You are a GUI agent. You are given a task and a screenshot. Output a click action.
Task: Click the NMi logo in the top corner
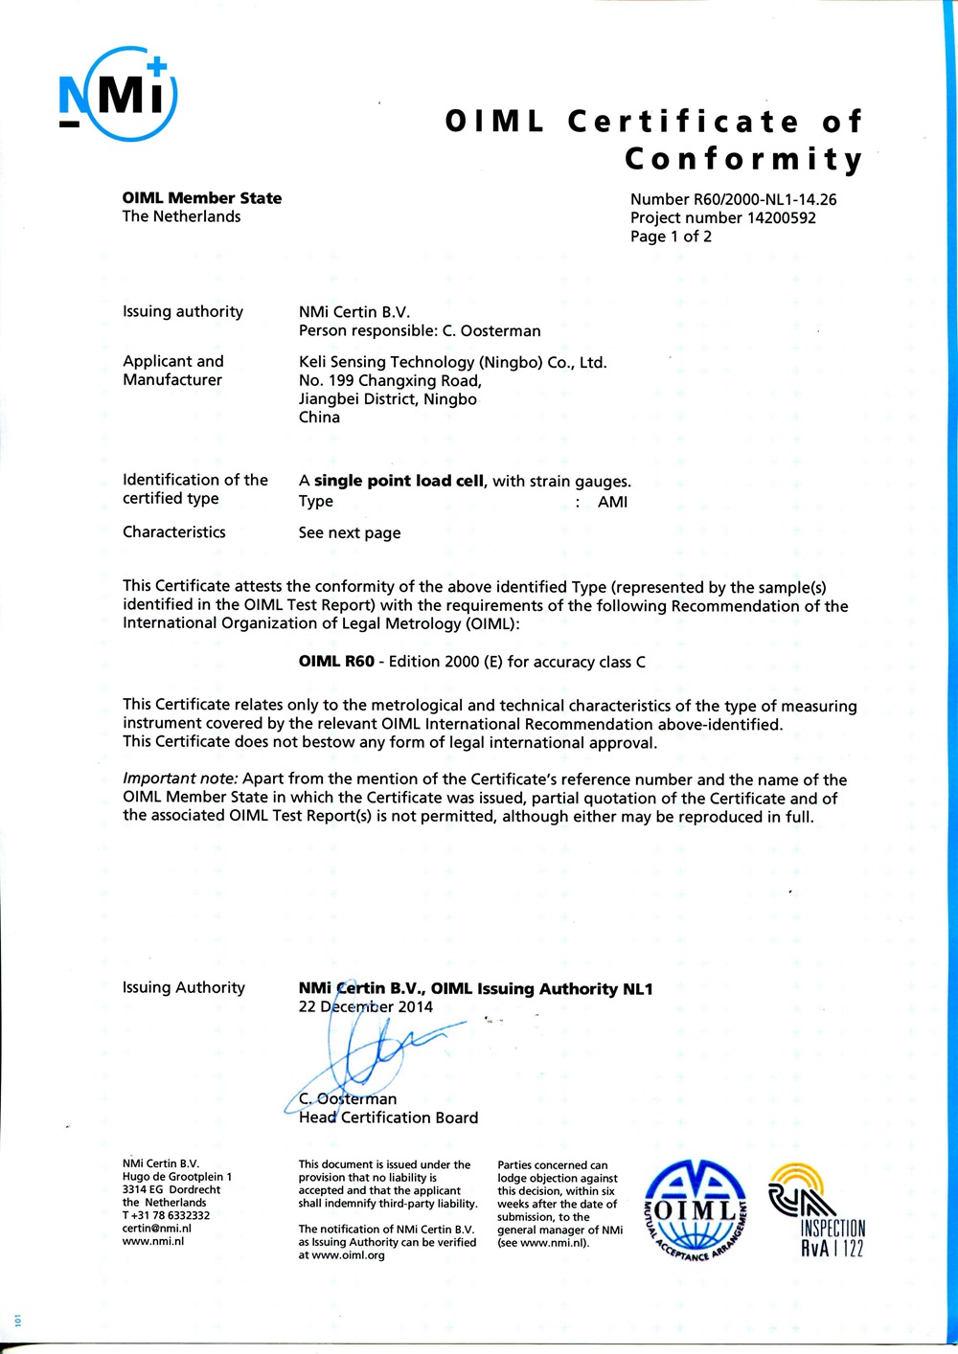118,93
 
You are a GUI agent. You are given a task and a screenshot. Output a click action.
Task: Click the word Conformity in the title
743,159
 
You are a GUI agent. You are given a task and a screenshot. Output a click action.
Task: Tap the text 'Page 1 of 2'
671,237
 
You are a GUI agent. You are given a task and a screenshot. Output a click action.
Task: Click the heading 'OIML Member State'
202,198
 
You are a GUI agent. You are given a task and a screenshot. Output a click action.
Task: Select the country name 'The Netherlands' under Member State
181,216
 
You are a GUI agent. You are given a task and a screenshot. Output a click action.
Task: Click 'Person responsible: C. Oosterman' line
420,331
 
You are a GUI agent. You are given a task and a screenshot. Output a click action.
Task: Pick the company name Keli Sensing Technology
452,362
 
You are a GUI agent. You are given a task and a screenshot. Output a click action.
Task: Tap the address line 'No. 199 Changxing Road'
390,380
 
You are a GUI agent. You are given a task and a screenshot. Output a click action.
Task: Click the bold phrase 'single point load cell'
399,481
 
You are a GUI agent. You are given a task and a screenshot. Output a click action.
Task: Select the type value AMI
612,502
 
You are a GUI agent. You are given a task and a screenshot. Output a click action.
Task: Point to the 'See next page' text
350,533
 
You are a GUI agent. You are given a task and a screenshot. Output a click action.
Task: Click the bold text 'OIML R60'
336,662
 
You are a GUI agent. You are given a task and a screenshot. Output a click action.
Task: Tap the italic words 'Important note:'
180,779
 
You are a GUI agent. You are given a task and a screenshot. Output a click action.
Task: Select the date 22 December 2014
366,1007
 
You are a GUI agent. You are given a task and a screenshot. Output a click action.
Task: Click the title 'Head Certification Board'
388,1117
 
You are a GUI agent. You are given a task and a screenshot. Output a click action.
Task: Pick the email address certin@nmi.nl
157,1229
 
